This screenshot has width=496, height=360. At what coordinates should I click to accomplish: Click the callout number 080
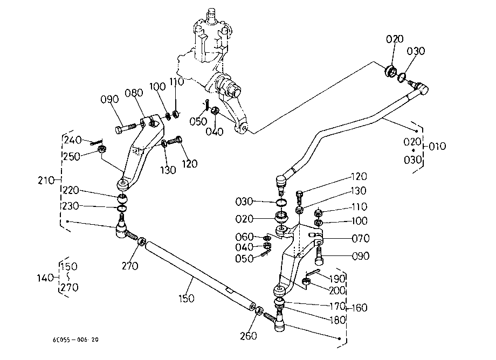(x=134, y=93)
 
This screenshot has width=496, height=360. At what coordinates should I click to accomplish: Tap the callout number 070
(x=361, y=238)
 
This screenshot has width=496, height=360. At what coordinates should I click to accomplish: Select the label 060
(x=245, y=237)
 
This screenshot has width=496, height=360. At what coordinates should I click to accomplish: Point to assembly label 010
(x=437, y=146)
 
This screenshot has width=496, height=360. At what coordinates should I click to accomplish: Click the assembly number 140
(x=45, y=278)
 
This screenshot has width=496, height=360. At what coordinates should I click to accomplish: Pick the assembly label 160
(x=360, y=308)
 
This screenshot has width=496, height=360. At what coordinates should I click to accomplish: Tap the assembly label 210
(x=46, y=181)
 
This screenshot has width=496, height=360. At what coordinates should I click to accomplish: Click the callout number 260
(x=249, y=336)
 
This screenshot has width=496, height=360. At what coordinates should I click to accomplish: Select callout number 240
(x=73, y=140)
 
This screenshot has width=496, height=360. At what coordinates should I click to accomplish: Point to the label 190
(x=337, y=279)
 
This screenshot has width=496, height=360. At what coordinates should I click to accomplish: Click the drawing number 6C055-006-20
(x=75, y=340)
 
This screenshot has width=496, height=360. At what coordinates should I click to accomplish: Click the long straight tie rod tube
(x=200, y=275)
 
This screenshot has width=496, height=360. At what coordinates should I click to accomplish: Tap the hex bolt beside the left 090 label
(x=127, y=129)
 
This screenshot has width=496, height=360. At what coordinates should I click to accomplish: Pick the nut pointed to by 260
(x=258, y=310)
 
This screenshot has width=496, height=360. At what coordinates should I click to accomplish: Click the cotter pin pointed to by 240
(x=96, y=143)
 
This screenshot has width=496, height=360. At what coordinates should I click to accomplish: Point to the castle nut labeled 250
(x=102, y=149)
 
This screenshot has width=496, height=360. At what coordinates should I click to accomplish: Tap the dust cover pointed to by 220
(x=122, y=199)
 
